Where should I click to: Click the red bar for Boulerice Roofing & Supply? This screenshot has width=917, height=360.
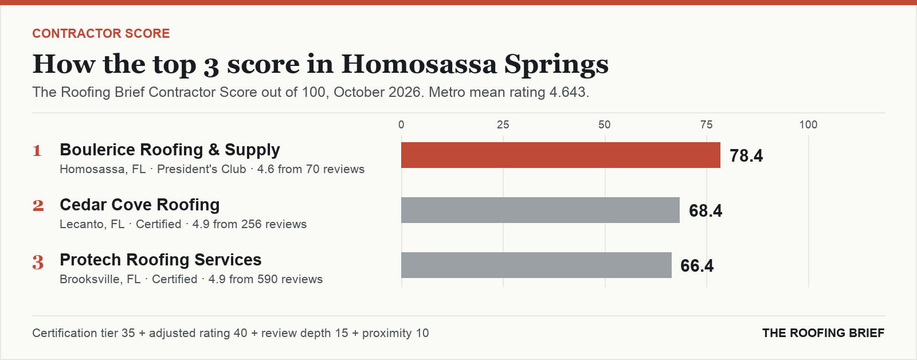coord(561,155)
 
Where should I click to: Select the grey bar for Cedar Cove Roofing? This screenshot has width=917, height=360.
coord(540,210)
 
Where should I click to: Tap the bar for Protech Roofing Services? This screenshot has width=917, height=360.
coord(536,265)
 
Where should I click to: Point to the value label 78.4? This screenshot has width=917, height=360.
coord(746,155)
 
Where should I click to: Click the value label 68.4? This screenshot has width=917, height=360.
coord(706,210)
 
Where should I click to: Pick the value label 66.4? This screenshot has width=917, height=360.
coord(697,265)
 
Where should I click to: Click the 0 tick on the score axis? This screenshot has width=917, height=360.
coord(401,124)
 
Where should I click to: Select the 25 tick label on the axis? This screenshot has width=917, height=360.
coord(503,124)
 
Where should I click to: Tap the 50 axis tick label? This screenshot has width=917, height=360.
coord(605,124)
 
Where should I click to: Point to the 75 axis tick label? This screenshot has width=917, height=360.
coord(707,124)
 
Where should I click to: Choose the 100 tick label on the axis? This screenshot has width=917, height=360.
coord(809,124)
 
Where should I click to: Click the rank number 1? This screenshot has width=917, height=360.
coord(37,151)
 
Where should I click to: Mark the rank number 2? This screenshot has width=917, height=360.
coord(38,206)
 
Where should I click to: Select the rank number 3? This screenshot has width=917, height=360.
coord(38,262)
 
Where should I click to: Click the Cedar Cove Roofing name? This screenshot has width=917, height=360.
coord(140,205)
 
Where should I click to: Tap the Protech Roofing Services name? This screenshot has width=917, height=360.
coord(160,260)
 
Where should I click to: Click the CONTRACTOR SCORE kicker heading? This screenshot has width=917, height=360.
coord(101,34)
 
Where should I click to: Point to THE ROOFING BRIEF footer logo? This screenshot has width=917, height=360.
coord(823,333)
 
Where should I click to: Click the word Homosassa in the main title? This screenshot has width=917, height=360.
coord(419,64)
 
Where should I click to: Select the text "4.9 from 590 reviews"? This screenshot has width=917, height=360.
coord(266,279)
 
